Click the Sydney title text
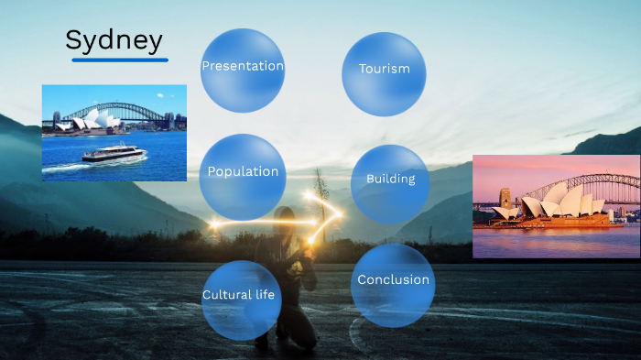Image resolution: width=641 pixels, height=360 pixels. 114,40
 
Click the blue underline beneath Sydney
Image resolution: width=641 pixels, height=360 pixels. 120,60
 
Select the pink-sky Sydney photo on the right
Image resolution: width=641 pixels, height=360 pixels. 556,205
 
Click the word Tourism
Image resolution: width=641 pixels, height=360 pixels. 384,69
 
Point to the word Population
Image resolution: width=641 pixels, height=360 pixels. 243,171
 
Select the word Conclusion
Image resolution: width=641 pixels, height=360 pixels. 393,279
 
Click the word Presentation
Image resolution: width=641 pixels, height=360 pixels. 242,66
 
